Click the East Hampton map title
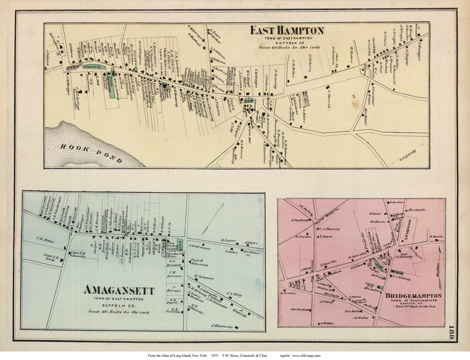click(x=287, y=30)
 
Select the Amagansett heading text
click(x=119, y=290)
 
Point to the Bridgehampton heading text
click(x=413, y=296)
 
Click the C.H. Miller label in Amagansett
click(x=46, y=238)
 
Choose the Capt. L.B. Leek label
click(x=52, y=257)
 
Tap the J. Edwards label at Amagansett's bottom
click(x=222, y=326)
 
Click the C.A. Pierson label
click(x=329, y=229)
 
